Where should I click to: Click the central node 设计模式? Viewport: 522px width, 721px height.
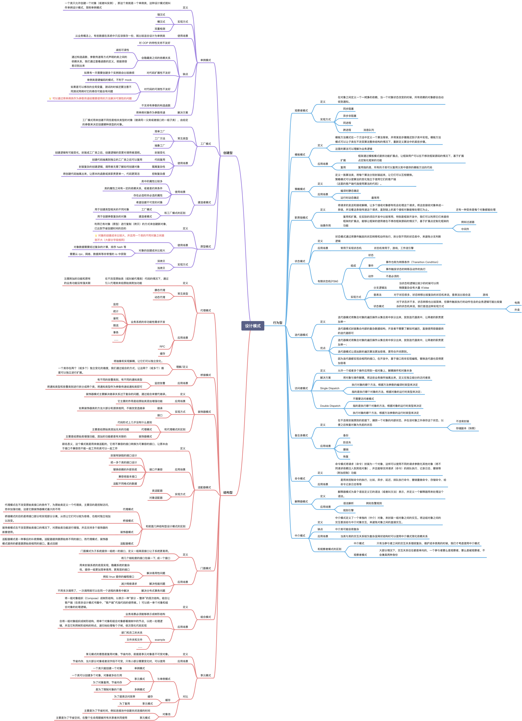(x=253, y=326)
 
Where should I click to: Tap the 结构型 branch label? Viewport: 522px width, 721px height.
(x=228, y=492)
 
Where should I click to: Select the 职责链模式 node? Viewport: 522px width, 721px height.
(x=301, y=218)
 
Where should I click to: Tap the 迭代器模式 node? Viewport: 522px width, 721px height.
(x=301, y=335)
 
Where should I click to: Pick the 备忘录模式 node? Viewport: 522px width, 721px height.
(x=301, y=436)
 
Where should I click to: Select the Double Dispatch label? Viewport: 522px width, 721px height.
(x=330, y=406)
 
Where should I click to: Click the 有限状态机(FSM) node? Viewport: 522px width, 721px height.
(x=328, y=281)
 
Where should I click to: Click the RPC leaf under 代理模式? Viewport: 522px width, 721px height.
(x=162, y=346)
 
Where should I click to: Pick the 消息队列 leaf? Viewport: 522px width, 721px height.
(x=369, y=130)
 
